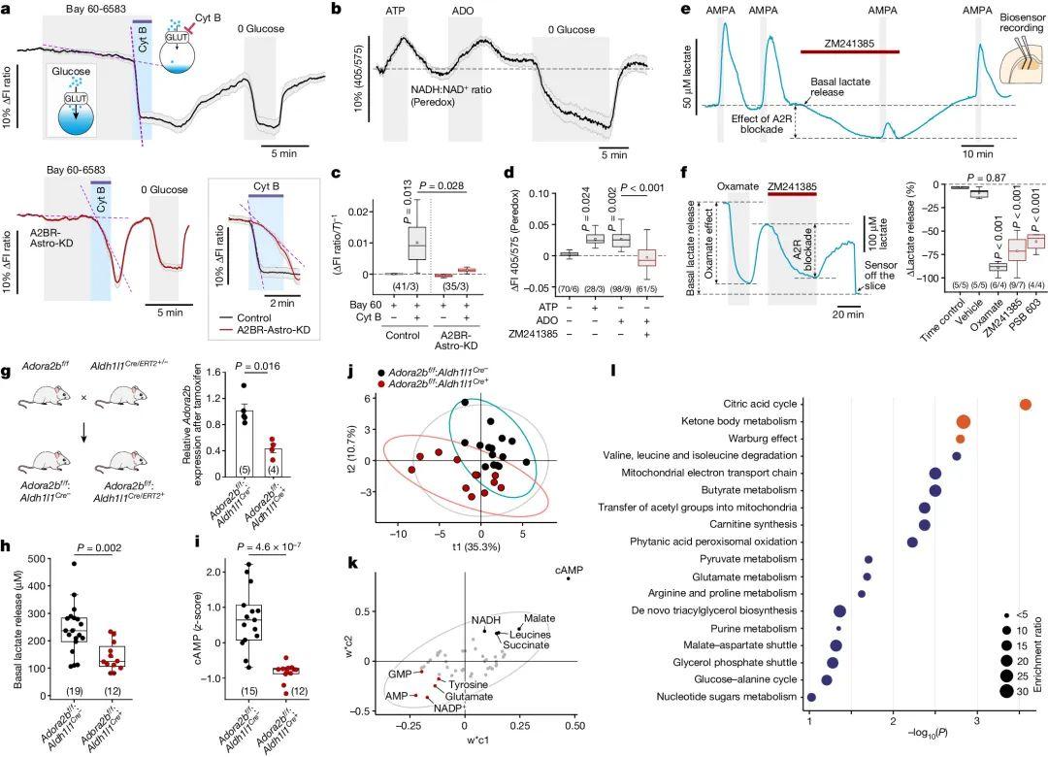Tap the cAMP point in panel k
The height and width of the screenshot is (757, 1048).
(568, 578)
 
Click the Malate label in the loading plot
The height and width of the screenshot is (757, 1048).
(540, 618)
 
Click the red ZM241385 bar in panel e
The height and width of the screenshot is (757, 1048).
(850, 50)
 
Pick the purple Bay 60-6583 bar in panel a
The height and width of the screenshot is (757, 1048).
(143, 20)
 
